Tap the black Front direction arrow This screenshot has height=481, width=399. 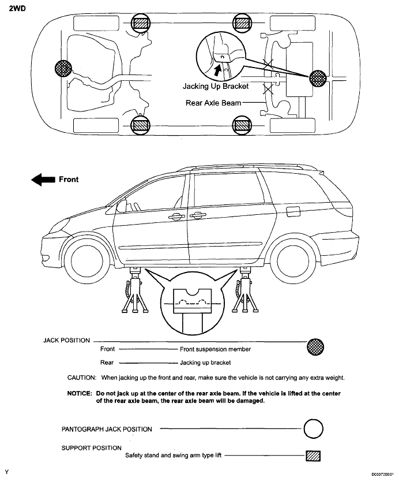click(42, 180)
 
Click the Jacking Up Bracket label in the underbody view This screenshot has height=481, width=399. click(216, 87)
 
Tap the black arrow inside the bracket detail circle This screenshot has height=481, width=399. click(217, 70)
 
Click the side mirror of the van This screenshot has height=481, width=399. click(121, 205)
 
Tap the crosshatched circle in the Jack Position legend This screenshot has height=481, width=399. click(316, 346)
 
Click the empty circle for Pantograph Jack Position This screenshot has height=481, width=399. click(313, 430)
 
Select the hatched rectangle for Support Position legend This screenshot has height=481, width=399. click(313, 456)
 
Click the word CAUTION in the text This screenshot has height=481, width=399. click(82, 378)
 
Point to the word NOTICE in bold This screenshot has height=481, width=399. click(80, 393)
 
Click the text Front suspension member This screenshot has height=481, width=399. click(215, 349)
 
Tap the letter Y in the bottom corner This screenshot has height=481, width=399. click(7, 472)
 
